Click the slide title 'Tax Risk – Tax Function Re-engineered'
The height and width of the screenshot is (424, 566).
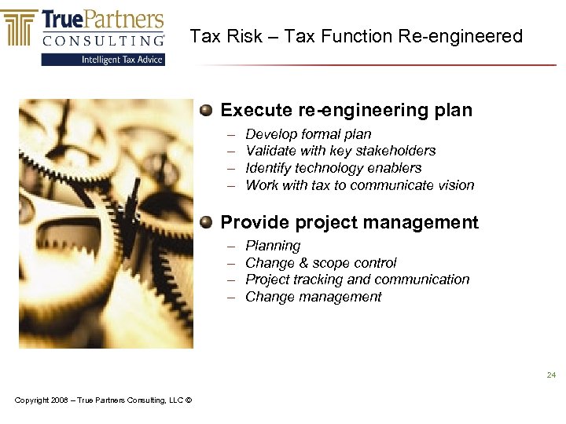point(356,36)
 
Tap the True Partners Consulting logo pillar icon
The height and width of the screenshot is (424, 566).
point(20,28)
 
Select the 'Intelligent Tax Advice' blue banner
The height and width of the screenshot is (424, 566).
point(103,59)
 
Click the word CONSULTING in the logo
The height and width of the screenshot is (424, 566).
point(103,40)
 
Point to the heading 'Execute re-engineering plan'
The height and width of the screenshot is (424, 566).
point(346,110)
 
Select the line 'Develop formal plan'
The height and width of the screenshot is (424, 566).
point(308,134)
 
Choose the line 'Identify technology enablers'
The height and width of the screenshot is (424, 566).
point(333,168)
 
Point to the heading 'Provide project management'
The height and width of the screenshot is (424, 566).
point(349,222)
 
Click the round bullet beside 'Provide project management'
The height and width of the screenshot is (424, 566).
point(206,221)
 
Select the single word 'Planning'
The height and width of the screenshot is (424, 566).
point(273,246)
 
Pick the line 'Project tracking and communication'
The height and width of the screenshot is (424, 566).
point(357,280)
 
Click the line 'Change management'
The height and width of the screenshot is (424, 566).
point(313,297)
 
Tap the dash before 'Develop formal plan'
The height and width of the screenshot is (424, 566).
point(232,134)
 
